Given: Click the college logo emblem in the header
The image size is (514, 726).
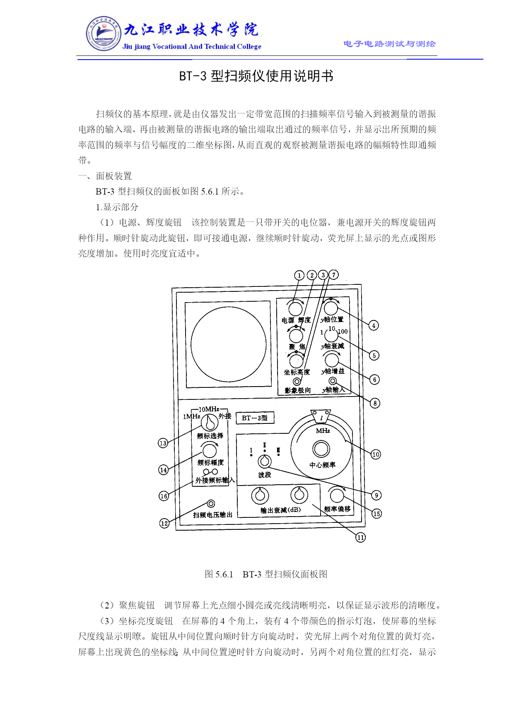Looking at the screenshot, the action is tap(104, 34).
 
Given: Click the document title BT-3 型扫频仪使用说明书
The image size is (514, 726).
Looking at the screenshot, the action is tap(256, 76).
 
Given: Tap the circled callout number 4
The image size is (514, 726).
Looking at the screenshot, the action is tap(374, 325).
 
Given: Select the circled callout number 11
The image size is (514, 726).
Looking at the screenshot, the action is tap(361, 537).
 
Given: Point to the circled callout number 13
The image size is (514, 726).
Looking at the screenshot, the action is tap(163, 443).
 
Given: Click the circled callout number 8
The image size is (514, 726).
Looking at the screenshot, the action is tap(375, 403).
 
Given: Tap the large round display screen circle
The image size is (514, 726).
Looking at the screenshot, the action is tap(229, 345).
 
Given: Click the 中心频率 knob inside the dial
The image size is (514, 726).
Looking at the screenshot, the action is tap(321, 449).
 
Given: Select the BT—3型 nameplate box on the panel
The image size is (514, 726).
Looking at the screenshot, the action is tap(255, 418).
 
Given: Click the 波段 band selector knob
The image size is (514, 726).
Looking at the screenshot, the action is tap(265, 461).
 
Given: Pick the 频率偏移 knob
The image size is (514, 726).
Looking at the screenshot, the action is tap(337, 495).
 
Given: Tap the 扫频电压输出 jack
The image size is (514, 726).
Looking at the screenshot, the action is tap(211, 504).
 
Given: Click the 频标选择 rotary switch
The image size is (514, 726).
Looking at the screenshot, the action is tap(210, 423).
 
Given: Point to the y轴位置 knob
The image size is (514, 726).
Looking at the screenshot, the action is tap(331, 308).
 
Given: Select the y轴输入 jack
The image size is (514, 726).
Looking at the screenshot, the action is tap(333, 381).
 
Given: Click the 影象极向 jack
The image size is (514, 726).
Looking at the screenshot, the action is tap(297, 381).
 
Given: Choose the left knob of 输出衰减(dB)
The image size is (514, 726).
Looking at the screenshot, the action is tap(260, 495).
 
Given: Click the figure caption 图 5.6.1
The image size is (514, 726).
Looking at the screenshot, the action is tap(219, 574).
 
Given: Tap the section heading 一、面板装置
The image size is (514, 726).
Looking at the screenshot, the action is tap(105, 176).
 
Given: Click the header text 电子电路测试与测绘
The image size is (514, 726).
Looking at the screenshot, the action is tap(389, 44).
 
